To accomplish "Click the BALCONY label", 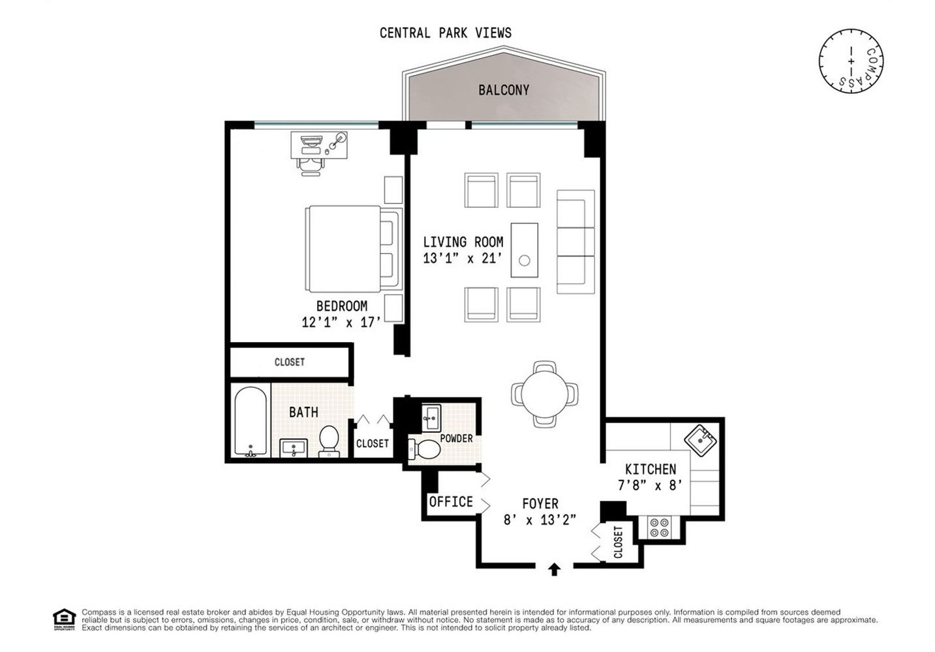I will pos(503,90).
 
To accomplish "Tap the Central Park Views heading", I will pos(446,33).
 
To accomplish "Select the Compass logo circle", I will pos(851,61).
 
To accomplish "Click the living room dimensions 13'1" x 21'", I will pos(463,258).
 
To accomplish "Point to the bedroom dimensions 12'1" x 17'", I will pos(341,321).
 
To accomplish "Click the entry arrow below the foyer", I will pos(554,570).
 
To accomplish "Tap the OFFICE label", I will pos(451,502).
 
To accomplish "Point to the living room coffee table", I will pos(524,250).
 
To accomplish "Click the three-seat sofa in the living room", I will pos(575,242).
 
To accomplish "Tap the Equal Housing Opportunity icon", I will pos(64,619).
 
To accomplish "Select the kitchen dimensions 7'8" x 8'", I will pos(650,485).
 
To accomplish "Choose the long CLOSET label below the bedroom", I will pos(289,362).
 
